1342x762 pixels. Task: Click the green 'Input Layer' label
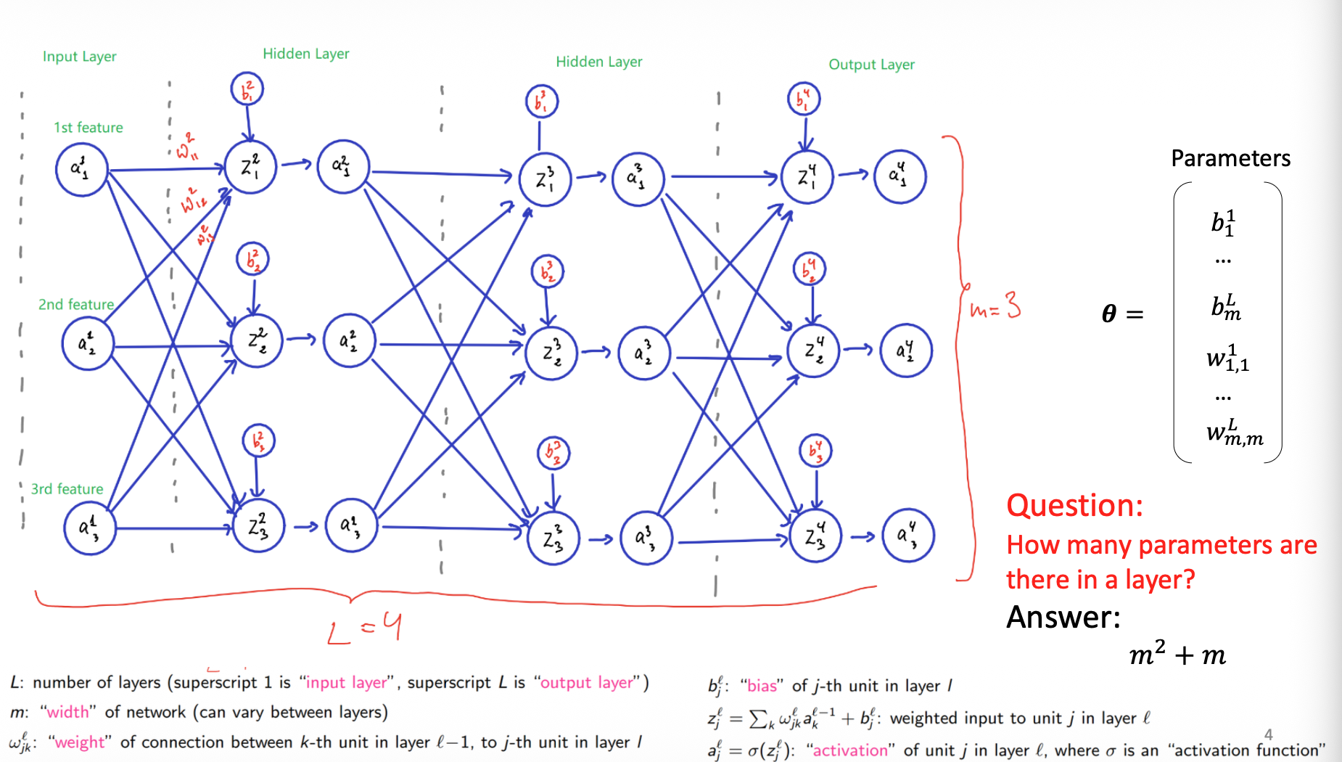tap(79, 57)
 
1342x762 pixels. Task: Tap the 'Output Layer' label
tap(871, 65)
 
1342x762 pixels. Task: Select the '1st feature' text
tap(88, 128)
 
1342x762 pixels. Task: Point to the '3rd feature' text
tap(67, 489)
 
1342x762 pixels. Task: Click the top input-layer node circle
tap(82, 169)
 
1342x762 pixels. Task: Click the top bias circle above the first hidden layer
tap(247, 90)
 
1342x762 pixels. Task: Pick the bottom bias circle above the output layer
tap(816, 451)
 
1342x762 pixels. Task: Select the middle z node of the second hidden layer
tap(551, 353)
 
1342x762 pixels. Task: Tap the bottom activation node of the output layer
tap(907, 536)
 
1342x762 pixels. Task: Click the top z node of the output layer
tap(807, 176)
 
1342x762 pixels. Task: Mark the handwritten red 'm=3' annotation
tap(995, 308)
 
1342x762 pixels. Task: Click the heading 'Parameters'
tap(1230, 158)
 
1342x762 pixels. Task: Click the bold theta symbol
tap(1108, 314)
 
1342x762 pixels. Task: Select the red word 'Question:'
tap(1074, 506)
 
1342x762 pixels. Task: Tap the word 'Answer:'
tap(1063, 618)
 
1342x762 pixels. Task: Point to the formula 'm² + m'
tap(1177, 655)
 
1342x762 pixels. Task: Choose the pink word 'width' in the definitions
tap(67, 713)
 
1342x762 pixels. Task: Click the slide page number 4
tap(1268, 734)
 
